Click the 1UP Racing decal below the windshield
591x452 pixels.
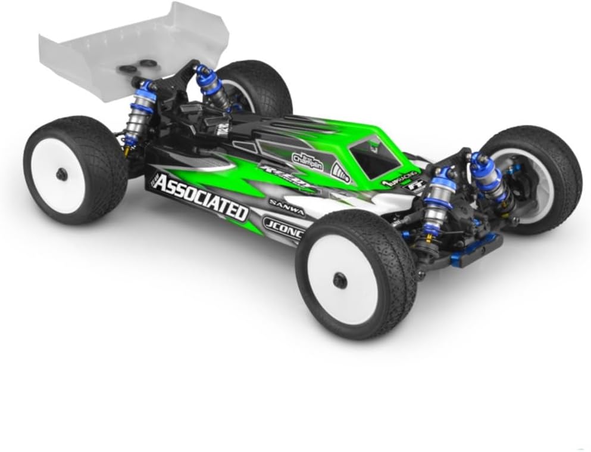click(x=394, y=181)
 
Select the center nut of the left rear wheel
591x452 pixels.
click(x=61, y=174)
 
